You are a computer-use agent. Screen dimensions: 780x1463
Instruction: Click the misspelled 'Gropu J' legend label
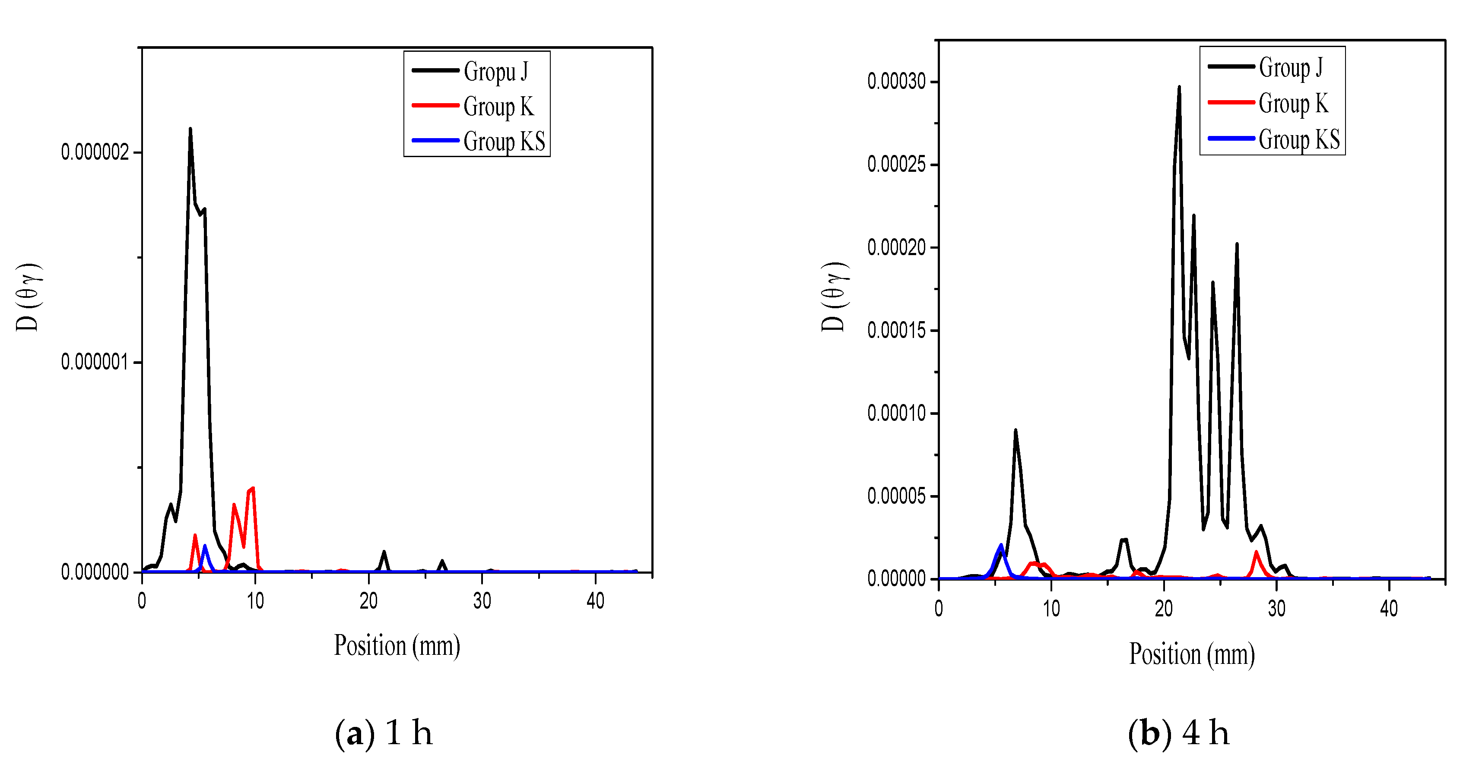[495, 72]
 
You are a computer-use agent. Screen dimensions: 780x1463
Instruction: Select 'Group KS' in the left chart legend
[504, 141]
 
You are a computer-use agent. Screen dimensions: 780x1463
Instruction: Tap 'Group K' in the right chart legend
[1293, 104]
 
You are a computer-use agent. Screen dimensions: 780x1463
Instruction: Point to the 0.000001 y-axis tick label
[95, 362]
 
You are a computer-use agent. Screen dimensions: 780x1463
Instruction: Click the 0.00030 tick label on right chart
[896, 82]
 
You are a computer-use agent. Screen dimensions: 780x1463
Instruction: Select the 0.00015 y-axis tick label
[896, 330]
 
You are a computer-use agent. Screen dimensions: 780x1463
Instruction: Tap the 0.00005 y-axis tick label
[896, 496]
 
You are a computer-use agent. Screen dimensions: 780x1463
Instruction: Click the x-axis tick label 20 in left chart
[368, 600]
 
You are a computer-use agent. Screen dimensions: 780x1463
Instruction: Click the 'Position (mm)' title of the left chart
[397, 645]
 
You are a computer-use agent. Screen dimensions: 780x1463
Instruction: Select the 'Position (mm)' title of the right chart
[1192, 654]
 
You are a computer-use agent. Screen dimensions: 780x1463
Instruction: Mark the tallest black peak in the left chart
[190, 129]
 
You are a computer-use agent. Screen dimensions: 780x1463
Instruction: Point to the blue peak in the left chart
[204, 546]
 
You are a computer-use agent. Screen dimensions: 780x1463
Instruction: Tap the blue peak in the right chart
[1001, 545]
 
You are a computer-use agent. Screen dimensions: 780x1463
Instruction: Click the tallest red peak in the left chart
[253, 488]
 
